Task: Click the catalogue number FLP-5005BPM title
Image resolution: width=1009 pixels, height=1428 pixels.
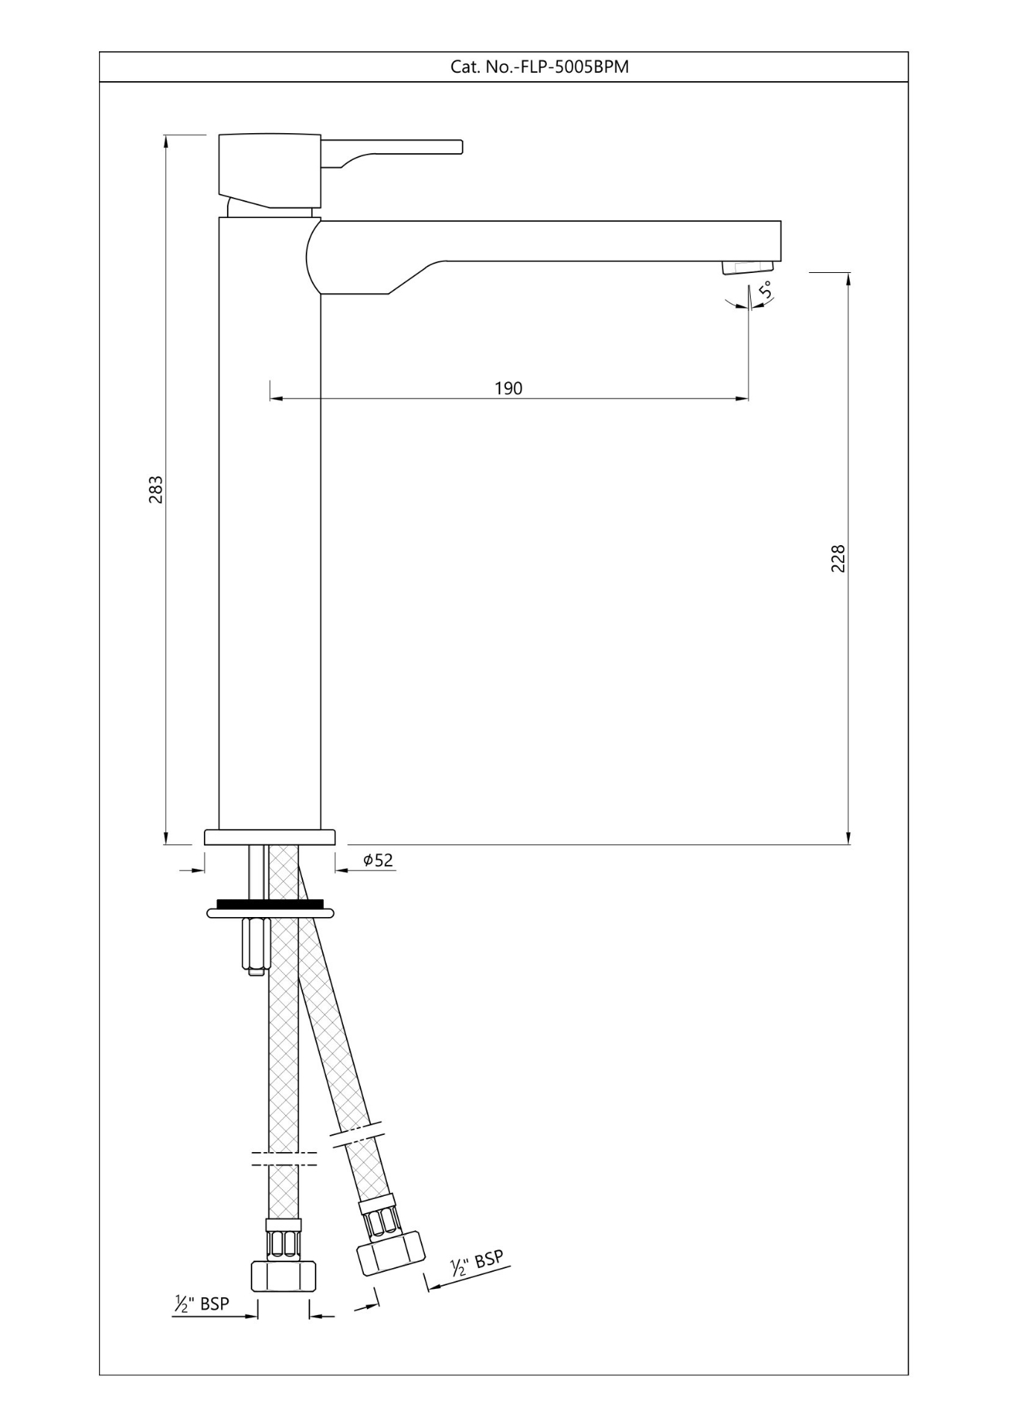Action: tap(539, 67)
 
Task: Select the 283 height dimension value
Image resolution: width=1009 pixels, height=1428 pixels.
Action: tap(156, 489)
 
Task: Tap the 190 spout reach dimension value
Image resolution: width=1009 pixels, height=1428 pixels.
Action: tap(509, 388)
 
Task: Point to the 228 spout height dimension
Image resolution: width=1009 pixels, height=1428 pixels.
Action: tap(839, 559)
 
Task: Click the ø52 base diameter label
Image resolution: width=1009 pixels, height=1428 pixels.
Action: tap(378, 861)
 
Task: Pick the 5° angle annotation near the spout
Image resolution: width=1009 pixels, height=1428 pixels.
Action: tap(765, 289)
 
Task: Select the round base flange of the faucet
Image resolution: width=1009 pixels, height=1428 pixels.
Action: tap(269, 837)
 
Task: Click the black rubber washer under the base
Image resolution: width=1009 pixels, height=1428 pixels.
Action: tap(270, 904)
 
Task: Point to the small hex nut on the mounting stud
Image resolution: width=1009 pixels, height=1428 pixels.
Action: tap(254, 945)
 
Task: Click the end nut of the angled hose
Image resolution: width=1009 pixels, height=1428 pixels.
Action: tap(391, 1251)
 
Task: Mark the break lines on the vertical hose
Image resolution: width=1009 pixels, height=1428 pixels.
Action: tap(284, 1159)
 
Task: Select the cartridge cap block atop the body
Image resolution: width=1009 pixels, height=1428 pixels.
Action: tap(269, 170)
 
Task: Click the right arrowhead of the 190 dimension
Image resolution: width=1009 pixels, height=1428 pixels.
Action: tap(743, 399)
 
